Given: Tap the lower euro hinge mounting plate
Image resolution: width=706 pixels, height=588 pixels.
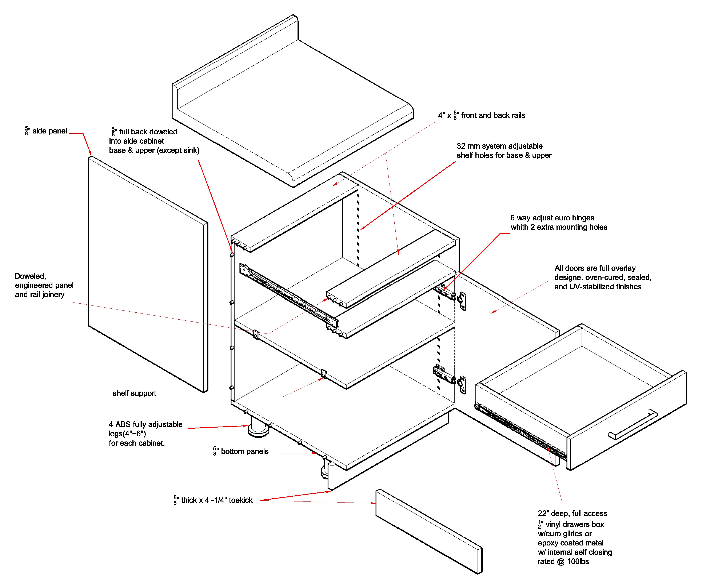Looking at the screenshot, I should (463, 384).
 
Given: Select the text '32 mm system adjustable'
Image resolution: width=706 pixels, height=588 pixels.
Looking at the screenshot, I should (499, 146).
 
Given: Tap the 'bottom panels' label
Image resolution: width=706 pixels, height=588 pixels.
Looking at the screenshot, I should (244, 451).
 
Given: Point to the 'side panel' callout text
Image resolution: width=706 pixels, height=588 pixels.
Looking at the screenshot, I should (49, 131).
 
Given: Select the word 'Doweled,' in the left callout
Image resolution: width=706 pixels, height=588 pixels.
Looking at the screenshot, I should (30, 276).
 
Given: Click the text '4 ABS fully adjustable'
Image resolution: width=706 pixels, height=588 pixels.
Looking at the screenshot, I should (145, 424).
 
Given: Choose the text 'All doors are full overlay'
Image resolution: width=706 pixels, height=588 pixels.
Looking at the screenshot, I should (595, 268).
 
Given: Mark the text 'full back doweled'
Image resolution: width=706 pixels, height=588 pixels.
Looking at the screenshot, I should (148, 131).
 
